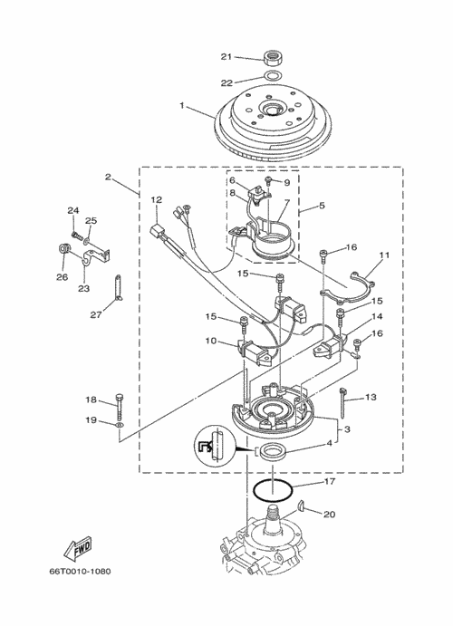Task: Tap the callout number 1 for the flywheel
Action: (x=182, y=105)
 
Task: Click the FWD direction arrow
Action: (x=78, y=547)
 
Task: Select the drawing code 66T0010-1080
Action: (x=81, y=572)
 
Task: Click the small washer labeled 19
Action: (x=119, y=424)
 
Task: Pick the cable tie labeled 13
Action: (x=343, y=402)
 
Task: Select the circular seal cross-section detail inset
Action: (x=216, y=446)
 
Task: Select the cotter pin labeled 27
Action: (x=119, y=286)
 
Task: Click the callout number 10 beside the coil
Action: (x=211, y=341)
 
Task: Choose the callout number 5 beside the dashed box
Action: (x=323, y=206)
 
